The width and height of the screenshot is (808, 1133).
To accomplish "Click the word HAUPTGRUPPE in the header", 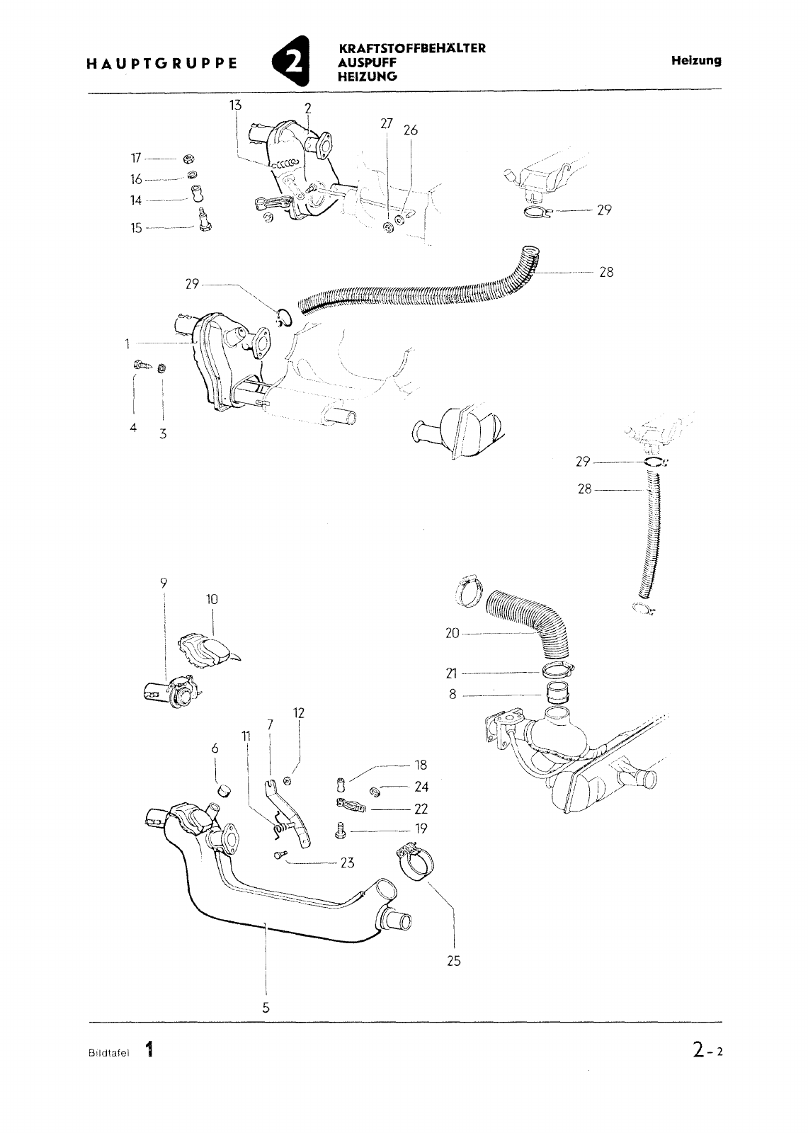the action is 161,64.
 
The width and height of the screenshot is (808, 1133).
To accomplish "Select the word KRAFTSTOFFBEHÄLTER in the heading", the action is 412,49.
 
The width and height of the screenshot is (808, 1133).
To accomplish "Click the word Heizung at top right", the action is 695,61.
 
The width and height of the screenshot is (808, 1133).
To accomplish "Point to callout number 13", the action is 235,106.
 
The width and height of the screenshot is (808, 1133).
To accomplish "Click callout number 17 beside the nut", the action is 135,159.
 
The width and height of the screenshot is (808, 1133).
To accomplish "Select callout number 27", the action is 387,123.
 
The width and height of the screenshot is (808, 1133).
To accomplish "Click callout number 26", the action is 411,130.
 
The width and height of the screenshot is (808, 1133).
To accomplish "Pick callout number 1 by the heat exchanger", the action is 127,344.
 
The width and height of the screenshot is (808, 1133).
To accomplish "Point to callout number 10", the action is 212,599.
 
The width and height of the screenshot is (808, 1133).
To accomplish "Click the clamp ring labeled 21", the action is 557,671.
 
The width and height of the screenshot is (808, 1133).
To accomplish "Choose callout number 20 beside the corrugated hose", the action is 453,633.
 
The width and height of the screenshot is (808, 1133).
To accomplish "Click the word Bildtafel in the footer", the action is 109,1053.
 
